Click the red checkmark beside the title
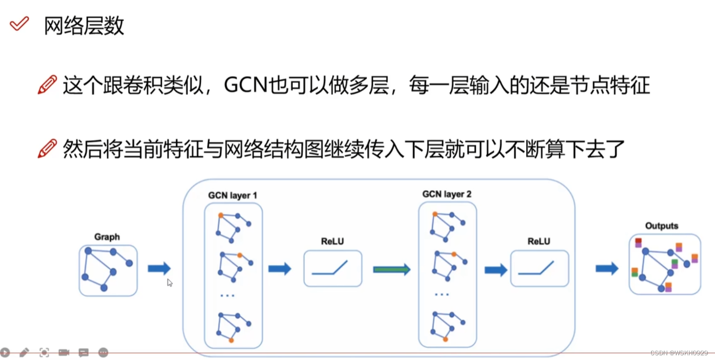19,23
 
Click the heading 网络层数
84,25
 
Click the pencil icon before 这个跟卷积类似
47,85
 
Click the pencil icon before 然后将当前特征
47,148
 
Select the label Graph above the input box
107,237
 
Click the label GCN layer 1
232,195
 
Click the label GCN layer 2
446,194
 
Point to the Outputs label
661,226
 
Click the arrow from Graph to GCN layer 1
159,268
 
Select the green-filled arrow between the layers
391,269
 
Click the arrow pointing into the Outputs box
607,268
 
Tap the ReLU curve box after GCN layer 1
333,268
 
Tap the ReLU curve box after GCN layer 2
539,268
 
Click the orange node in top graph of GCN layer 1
221,215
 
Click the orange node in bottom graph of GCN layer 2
445,339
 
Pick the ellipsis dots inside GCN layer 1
227,295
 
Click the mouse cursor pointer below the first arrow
170,283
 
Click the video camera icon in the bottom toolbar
64,352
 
